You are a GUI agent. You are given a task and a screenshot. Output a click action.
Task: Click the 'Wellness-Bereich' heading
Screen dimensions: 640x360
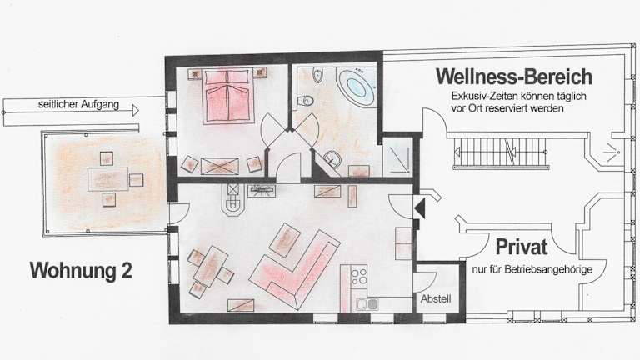point(514,77)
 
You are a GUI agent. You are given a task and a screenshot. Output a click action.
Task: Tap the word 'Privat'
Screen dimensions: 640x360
point(522,247)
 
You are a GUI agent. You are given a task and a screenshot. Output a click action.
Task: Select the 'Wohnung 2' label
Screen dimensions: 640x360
point(81,270)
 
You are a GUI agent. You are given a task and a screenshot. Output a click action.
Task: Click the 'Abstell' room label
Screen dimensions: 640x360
point(436,299)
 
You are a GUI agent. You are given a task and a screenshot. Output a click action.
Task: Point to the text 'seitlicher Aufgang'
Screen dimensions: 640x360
point(79,104)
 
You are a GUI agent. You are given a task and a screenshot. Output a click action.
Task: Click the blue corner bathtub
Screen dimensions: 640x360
point(357,87)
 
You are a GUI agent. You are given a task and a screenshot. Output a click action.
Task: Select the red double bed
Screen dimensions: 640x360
point(227,97)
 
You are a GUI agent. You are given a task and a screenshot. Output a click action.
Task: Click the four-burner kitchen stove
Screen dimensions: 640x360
point(359,276)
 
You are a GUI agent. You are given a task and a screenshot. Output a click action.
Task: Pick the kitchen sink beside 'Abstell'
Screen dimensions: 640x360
point(367,304)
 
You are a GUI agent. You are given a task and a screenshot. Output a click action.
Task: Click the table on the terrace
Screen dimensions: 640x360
point(107,179)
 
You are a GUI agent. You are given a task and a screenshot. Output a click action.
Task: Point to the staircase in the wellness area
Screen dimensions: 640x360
point(500,152)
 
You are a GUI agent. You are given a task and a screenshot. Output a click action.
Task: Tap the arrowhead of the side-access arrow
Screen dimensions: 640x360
point(136,110)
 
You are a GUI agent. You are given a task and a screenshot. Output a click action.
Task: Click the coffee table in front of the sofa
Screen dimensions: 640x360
point(286,240)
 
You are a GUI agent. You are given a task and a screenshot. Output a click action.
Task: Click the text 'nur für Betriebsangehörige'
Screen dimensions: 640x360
point(532,270)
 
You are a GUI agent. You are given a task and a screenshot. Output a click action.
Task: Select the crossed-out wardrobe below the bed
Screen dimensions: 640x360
point(220,166)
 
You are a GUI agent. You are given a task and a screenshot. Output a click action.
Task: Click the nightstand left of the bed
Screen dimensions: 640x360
point(195,74)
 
